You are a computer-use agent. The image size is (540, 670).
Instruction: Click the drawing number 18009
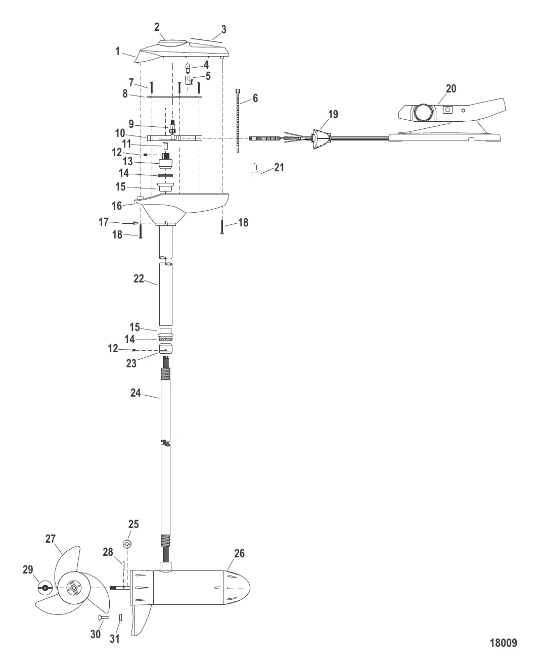tap(503, 643)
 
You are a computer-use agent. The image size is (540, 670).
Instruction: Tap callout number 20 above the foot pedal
tap(451, 89)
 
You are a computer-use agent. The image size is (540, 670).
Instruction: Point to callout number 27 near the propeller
tap(51, 539)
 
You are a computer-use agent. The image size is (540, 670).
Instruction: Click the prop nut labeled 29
tap(46, 587)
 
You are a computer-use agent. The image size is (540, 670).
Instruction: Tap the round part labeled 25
tap(127, 544)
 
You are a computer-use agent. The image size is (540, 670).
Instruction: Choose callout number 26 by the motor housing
tap(239, 554)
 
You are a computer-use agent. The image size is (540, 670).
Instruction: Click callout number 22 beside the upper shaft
tap(139, 278)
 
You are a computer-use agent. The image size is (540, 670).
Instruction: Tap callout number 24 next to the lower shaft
tap(136, 392)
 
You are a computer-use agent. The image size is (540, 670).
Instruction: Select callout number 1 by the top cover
tap(117, 52)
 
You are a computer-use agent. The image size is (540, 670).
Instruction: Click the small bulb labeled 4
tap(189, 66)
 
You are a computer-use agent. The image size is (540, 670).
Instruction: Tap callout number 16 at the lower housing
tap(117, 206)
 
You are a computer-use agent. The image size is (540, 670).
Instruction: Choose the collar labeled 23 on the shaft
tap(165, 349)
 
